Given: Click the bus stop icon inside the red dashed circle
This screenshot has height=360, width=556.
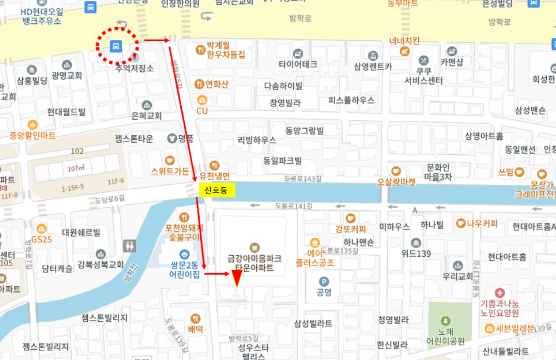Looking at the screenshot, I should [115, 47].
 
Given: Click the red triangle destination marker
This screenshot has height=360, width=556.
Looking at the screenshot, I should [236, 278].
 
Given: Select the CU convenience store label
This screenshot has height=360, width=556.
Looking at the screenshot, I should [202, 111].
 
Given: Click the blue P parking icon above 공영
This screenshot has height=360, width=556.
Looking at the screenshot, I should [324, 281].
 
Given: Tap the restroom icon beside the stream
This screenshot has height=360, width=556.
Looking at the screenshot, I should [129, 245].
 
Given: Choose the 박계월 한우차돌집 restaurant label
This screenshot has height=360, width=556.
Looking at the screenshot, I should [225, 49].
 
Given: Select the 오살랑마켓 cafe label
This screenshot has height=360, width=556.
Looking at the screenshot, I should [397, 182].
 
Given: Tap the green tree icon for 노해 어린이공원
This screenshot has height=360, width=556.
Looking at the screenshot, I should [445, 321].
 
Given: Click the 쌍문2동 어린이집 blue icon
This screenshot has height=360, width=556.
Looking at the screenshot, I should [184, 254].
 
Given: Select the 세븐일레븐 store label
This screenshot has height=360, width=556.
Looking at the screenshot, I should [509, 328].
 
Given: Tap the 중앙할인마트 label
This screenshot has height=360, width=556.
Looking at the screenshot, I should [32, 135].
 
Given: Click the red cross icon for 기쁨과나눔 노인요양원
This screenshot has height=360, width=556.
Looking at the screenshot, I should [500, 293].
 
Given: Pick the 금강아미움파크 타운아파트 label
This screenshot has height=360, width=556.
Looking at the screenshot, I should [254, 262].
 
